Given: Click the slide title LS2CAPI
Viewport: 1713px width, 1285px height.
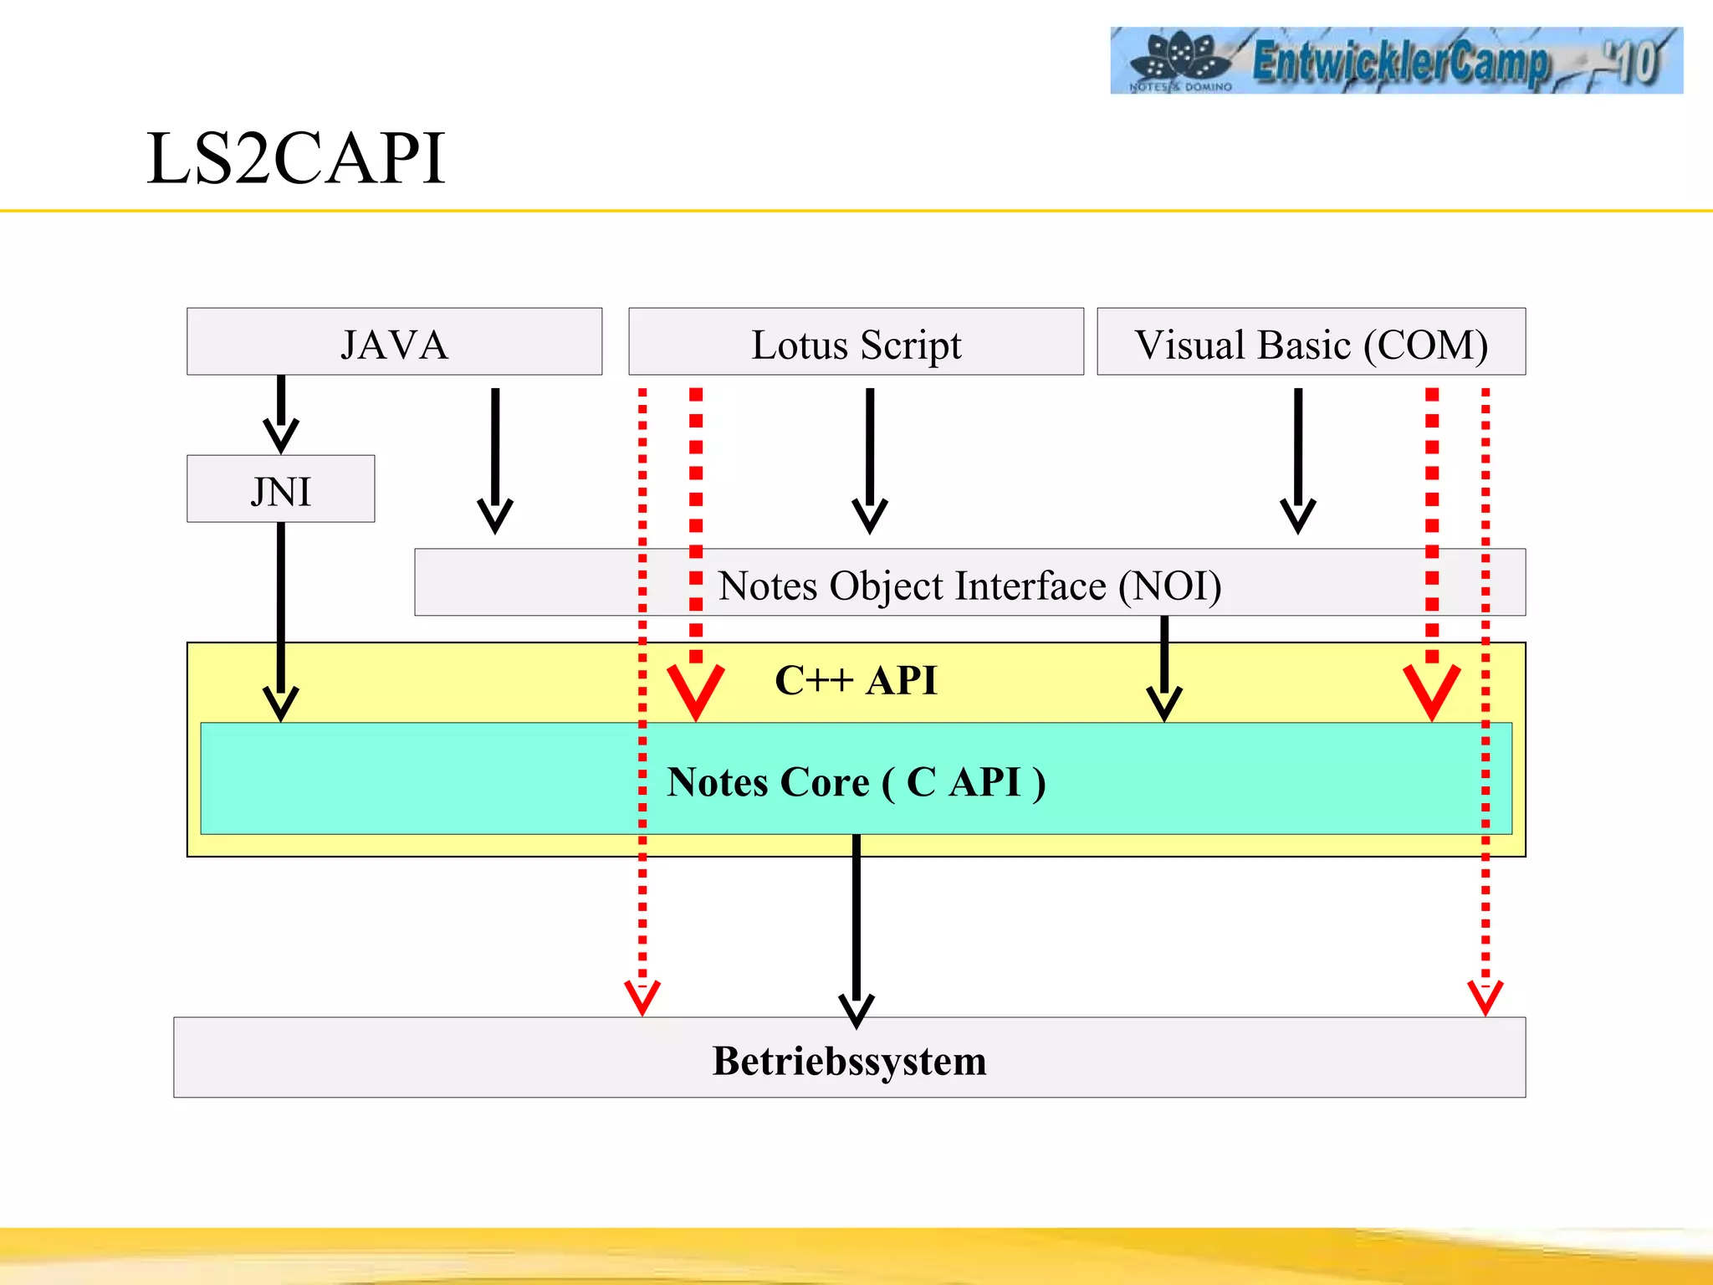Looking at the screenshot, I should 295,158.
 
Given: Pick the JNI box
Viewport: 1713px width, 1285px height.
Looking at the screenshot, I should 280,490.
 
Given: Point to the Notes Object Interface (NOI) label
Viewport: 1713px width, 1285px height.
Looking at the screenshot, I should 969,585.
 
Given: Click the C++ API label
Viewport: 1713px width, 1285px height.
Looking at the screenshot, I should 856,679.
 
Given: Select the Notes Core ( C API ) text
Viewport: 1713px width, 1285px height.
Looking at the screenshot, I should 856,781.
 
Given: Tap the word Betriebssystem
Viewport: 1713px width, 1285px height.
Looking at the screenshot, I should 849,1060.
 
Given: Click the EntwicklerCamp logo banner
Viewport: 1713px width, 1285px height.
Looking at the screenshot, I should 1395,60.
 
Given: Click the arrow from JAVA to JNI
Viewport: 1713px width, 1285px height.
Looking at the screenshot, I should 281,414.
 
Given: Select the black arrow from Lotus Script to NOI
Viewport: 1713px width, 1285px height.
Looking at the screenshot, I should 870,460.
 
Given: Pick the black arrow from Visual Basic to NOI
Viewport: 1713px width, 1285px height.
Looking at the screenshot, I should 1298,460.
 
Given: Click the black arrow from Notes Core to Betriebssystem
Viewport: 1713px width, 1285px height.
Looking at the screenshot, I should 856,929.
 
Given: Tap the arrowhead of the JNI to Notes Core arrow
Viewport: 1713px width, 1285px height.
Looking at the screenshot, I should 281,703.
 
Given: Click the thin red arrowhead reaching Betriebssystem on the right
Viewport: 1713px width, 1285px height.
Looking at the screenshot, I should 1485,997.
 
